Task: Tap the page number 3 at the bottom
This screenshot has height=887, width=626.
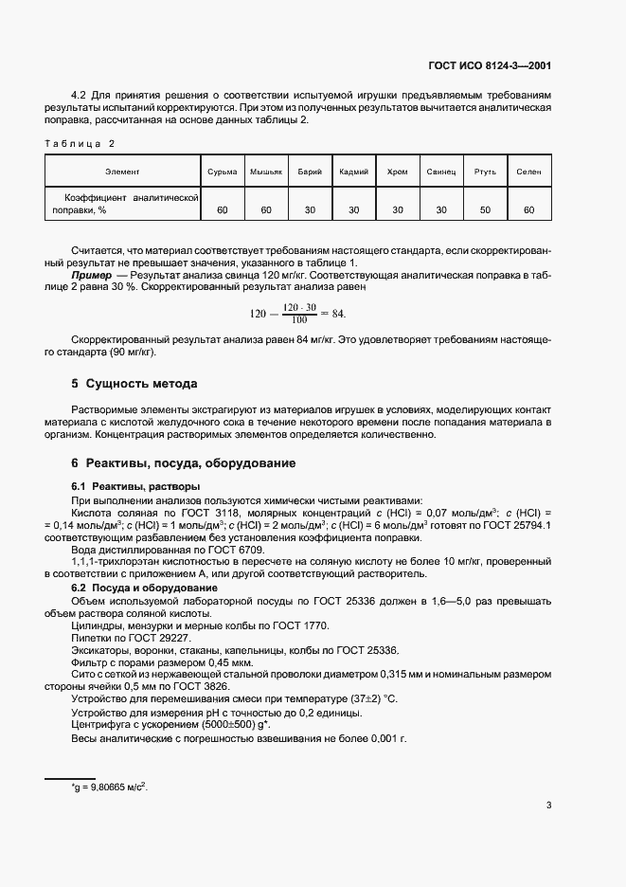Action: pyautogui.click(x=548, y=806)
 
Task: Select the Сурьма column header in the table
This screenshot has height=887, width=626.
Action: pyautogui.click(x=223, y=172)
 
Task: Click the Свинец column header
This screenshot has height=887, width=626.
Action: pyautogui.click(x=441, y=172)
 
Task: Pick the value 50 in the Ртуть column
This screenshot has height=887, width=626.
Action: pyautogui.click(x=486, y=208)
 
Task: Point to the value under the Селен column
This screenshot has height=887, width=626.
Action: pyautogui.click(x=528, y=208)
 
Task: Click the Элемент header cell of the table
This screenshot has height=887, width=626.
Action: pyautogui.click(x=123, y=172)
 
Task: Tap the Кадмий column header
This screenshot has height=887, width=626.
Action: pyautogui.click(x=353, y=172)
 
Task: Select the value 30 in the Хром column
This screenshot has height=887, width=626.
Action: pyautogui.click(x=398, y=208)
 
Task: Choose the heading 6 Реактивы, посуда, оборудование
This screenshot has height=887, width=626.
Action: pyautogui.click(x=184, y=463)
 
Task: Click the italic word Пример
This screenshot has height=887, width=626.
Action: pyautogui.click(x=91, y=274)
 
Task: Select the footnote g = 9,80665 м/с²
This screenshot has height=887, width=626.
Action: pyautogui.click(x=110, y=787)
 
